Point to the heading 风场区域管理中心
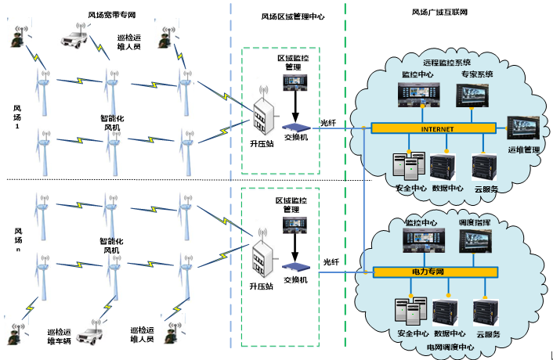coord(292,16)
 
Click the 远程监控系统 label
coord(447,62)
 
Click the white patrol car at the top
coord(78,37)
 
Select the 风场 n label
coord(16,239)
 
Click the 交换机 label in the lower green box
coord(296,279)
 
